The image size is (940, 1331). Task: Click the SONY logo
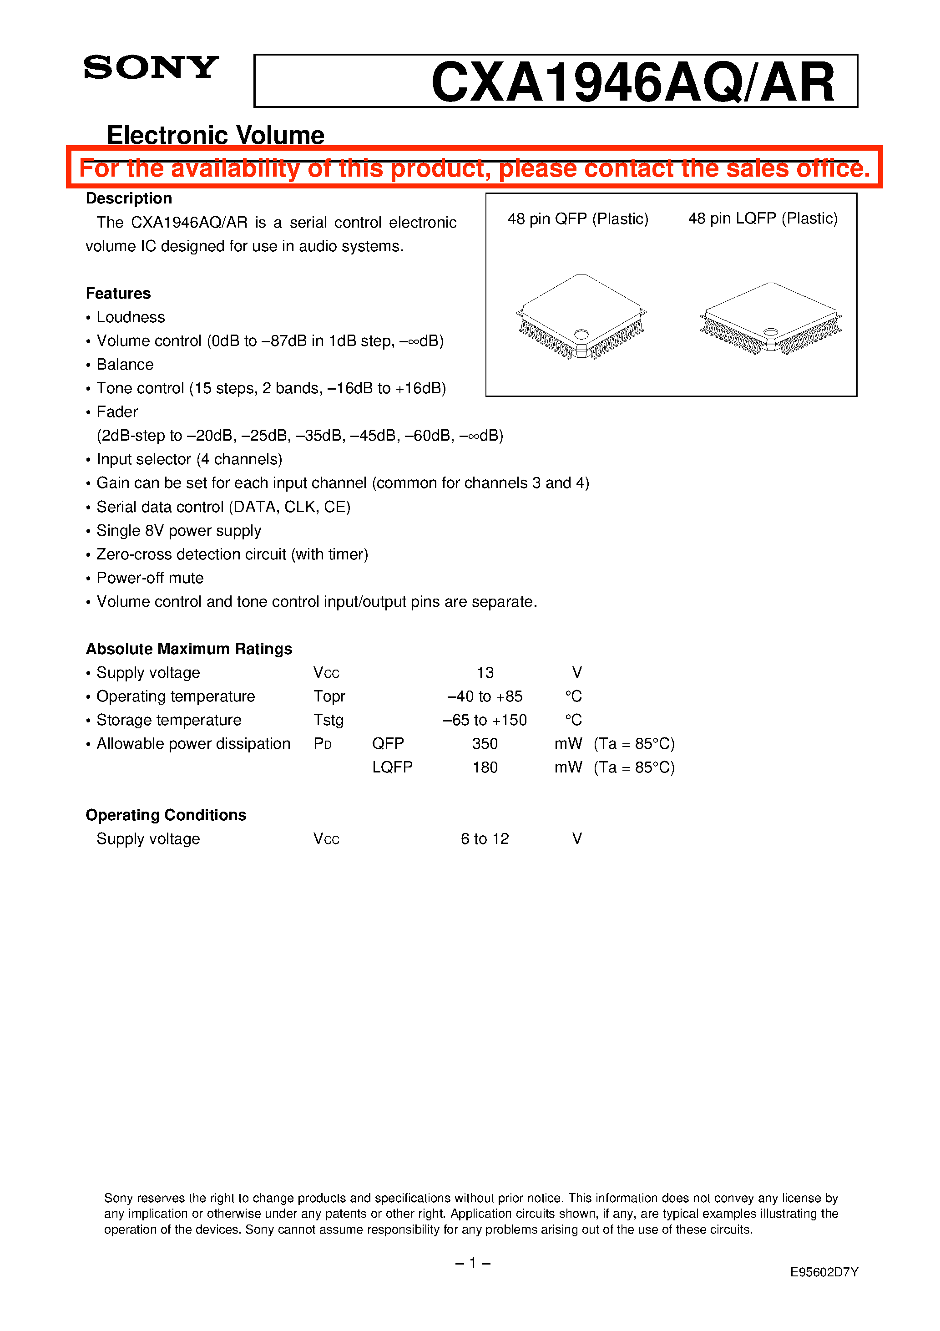pyautogui.click(x=151, y=67)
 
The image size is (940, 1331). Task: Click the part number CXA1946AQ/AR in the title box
pyautogui.click(x=633, y=83)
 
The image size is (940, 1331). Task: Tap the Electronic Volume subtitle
pyautogui.click(x=216, y=135)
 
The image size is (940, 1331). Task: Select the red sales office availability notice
pyautogui.click(x=474, y=168)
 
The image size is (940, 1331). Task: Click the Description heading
pyautogui.click(x=129, y=198)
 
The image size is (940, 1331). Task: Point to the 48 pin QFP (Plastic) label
pyautogui.click(x=578, y=218)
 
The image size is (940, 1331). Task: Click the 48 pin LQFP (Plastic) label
pyautogui.click(x=763, y=218)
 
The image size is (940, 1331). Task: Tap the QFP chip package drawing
pyautogui.click(x=581, y=316)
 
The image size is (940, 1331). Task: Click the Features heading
pyautogui.click(x=118, y=293)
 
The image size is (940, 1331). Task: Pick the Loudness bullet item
pyautogui.click(x=131, y=317)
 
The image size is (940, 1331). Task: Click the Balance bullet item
pyautogui.click(x=125, y=365)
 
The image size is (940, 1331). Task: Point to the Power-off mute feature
pyautogui.click(x=150, y=578)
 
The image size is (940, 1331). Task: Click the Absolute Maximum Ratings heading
pyautogui.click(x=189, y=649)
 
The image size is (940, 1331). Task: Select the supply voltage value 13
pyautogui.click(x=485, y=672)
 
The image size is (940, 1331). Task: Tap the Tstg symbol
pyautogui.click(x=328, y=720)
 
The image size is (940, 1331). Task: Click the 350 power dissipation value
pyautogui.click(x=485, y=744)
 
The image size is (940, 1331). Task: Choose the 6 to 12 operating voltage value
pyautogui.click(x=485, y=839)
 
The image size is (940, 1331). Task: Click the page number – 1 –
pyautogui.click(x=473, y=1263)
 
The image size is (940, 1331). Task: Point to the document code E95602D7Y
pyautogui.click(x=824, y=1272)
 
